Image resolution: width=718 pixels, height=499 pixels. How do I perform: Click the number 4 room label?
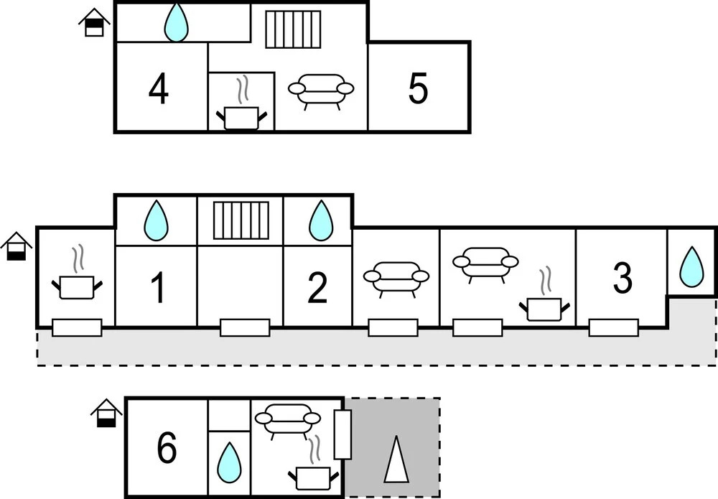(159, 90)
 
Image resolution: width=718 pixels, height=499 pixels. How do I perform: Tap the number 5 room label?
(418, 89)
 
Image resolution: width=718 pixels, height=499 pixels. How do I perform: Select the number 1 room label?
(157, 288)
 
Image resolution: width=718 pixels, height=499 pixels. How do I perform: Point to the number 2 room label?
(317, 288)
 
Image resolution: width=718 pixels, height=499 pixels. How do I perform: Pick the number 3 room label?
(623, 278)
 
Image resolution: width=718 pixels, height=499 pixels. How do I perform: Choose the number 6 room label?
(167, 449)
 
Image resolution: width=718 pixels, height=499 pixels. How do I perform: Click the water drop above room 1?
(156, 220)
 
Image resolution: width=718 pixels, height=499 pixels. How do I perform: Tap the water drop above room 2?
(321, 220)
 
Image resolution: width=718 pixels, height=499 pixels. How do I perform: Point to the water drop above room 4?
(176, 22)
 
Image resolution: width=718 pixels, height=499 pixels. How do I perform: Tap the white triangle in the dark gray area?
(396, 459)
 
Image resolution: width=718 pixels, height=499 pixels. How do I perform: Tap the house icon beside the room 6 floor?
(106, 413)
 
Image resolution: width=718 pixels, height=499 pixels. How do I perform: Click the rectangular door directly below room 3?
(613, 327)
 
